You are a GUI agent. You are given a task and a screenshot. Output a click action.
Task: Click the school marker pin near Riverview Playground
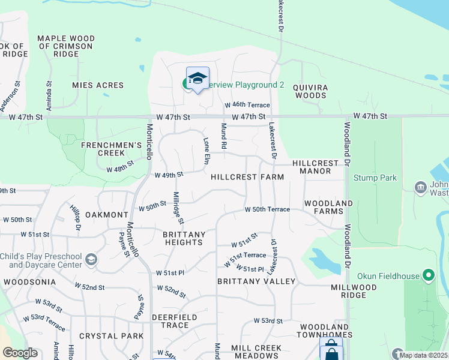(x=197, y=79)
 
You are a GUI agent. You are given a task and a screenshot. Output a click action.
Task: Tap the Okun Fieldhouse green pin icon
(x=428, y=275)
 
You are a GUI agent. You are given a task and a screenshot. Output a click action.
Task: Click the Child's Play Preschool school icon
(x=91, y=259)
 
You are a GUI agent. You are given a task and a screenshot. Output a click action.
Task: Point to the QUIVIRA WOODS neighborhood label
(x=310, y=91)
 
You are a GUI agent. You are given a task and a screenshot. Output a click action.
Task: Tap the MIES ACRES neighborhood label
(x=98, y=86)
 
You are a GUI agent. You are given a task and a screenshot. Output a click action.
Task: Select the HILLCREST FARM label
(x=247, y=178)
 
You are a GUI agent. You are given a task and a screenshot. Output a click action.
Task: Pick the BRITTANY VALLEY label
(x=256, y=281)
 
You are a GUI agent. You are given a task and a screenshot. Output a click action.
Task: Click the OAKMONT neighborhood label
(x=107, y=215)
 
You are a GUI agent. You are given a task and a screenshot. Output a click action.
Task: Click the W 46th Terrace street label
(x=247, y=105)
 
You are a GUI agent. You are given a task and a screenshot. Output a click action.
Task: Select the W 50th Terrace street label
(x=267, y=209)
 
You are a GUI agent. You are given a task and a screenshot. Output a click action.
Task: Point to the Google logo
(x=20, y=353)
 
